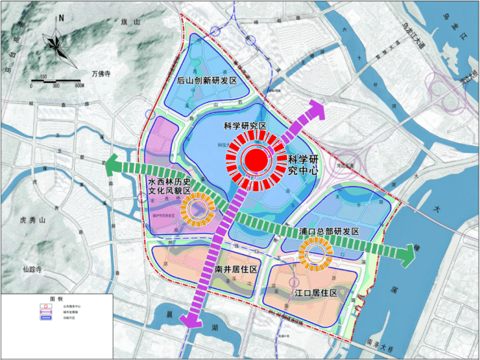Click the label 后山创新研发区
[x=210, y=81]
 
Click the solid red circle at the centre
[x=255, y=158]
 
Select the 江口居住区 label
[x=315, y=292]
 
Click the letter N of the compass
[x=62, y=18]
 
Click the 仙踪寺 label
[x=33, y=270]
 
